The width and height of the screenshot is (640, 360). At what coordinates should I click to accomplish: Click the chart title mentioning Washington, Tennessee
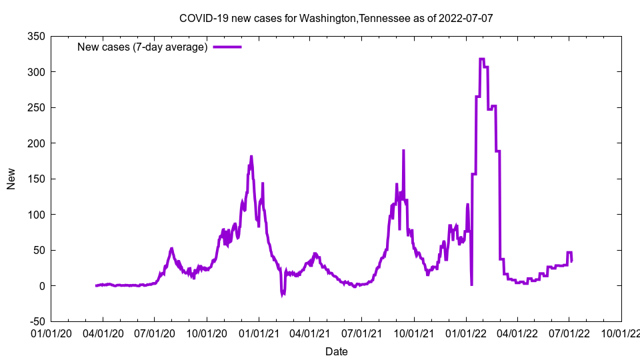tap(336, 18)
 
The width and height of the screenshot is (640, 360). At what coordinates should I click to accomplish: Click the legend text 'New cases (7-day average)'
tap(143, 47)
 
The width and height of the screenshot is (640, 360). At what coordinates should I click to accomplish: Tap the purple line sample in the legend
tap(227, 47)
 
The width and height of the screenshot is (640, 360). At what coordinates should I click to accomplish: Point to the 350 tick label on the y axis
tap(36, 36)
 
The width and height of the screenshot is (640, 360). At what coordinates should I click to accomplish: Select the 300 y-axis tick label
tap(36, 72)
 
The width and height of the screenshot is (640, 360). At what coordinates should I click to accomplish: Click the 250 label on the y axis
tap(36, 107)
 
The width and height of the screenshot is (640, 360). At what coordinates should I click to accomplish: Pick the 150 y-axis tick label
tap(36, 179)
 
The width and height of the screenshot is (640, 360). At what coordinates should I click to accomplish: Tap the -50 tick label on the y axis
tap(35, 321)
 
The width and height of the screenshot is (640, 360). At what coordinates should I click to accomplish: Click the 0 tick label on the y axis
tap(41, 286)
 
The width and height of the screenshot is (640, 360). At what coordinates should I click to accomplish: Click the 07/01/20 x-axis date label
tap(155, 332)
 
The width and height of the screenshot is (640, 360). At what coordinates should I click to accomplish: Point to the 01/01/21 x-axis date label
tap(259, 332)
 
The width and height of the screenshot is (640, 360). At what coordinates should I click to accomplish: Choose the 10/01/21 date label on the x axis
tap(414, 332)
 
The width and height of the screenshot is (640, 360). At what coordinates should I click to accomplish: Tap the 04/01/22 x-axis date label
tap(517, 332)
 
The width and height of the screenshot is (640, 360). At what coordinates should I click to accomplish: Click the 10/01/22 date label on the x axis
tap(621, 332)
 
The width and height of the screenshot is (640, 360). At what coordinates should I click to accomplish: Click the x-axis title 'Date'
tap(336, 351)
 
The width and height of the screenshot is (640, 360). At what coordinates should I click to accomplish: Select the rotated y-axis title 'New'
tap(11, 179)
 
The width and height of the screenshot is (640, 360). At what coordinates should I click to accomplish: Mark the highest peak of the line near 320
tap(481, 59)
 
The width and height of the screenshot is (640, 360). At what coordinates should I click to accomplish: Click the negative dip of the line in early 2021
tap(283, 294)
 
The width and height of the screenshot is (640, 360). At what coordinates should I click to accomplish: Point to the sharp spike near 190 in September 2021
tap(403, 151)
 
